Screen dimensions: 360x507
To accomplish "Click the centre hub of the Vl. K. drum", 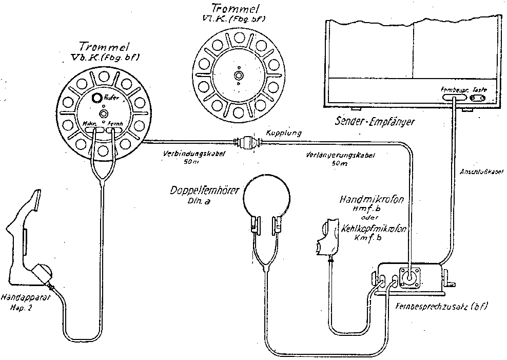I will pyautogui.click(x=238, y=75).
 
